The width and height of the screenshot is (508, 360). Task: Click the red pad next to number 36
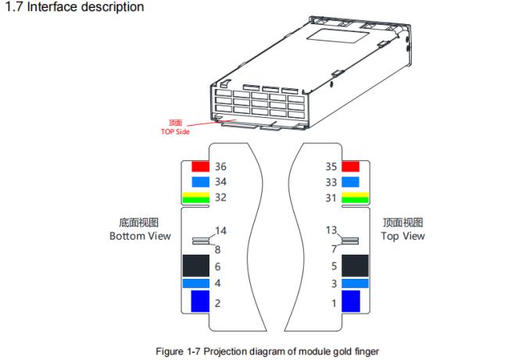[201, 166]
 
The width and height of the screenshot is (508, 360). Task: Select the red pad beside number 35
[350, 166]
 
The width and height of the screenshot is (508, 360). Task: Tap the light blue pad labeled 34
[201, 182]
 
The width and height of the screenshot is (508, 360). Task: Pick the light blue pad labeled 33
[350, 182]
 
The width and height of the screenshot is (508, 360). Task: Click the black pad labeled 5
[356, 266]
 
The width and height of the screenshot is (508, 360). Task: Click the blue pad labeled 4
[196, 283]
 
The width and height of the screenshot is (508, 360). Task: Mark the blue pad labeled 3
[355, 283]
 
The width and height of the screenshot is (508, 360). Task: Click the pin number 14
[221, 231]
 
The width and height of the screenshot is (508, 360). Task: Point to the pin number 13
[330, 230]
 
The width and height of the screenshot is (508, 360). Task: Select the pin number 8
[216, 250]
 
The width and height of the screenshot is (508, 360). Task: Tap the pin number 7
[334, 248]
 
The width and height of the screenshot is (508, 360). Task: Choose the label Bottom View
[139, 236]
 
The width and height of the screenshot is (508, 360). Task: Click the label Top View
[403, 236]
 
